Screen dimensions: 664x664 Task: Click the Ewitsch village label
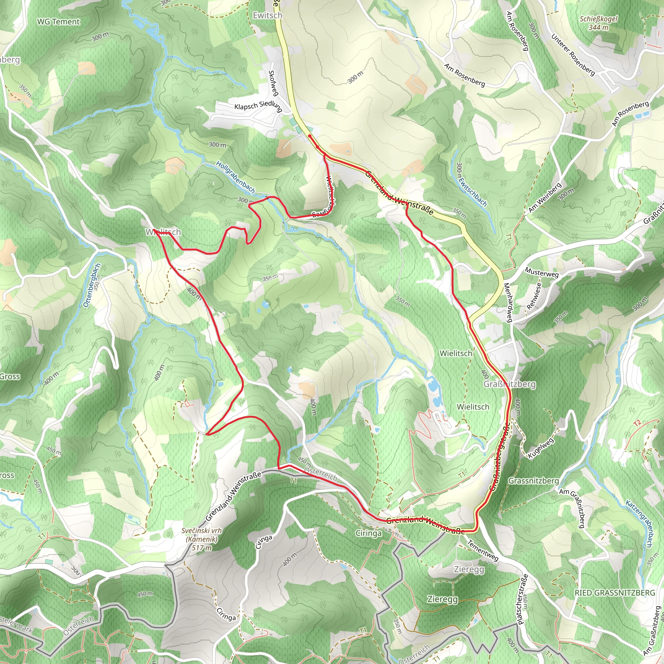click(267, 16)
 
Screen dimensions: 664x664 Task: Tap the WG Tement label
click(58, 22)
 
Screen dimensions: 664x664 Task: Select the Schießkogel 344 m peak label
click(599, 23)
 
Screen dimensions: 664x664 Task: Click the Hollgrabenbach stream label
click(235, 177)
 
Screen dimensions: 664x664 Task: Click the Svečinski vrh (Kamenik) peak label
click(202, 539)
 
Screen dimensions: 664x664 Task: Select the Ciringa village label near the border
click(368, 533)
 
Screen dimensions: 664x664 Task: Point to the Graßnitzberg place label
click(510, 384)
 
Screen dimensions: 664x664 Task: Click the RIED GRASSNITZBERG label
click(615, 593)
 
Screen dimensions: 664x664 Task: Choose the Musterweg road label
click(542, 272)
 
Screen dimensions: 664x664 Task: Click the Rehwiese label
click(534, 296)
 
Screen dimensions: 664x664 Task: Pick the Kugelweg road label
click(541, 448)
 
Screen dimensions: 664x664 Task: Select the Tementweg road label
click(482, 550)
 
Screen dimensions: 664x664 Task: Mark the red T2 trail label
click(637, 423)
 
